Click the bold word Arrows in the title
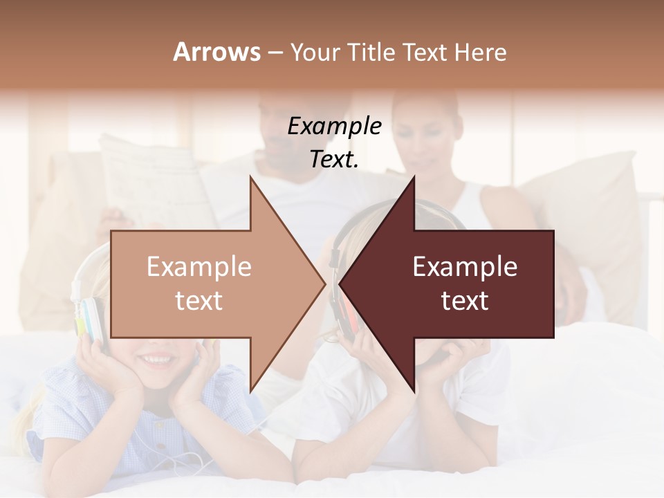pos(216,52)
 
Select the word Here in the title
pos(480,52)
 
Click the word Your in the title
pos(313,52)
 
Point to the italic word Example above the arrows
pos(334,126)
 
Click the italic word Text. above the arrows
pos(334,159)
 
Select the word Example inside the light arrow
pos(199,266)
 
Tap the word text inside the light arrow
pos(199,301)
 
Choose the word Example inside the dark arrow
pos(464,266)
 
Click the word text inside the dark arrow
pos(464,301)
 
